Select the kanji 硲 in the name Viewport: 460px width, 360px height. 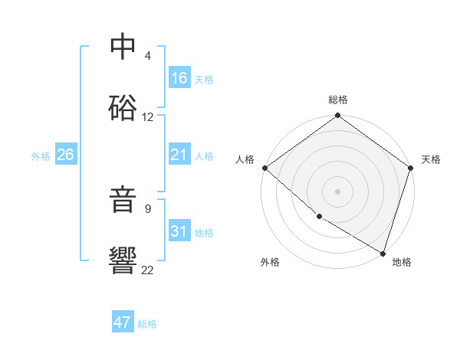123,108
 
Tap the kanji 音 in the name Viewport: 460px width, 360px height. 123,198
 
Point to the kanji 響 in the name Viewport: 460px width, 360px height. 123,260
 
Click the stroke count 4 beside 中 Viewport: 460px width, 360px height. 148,56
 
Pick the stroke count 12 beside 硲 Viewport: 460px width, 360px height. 148,117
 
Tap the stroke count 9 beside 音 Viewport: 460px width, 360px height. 148,208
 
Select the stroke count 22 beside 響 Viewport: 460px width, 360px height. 148,270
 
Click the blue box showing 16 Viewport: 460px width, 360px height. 179,78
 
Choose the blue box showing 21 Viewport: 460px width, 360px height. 179,155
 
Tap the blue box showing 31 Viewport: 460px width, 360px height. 179,232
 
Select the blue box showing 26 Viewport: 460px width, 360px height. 65,155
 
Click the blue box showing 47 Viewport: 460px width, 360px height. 123,322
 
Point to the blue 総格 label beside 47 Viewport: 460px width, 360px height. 147,324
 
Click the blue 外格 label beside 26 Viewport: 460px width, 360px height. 41,156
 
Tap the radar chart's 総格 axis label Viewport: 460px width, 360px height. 338,100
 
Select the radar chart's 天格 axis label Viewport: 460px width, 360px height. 431,159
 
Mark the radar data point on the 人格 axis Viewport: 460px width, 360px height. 264,168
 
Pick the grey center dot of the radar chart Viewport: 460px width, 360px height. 338,191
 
